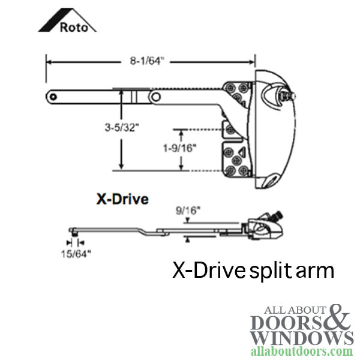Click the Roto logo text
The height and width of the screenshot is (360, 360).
74,28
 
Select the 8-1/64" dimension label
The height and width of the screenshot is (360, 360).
147,61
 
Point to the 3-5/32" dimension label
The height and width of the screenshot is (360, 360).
122,127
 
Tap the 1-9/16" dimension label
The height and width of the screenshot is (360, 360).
180,148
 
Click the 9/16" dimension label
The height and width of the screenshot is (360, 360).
188,211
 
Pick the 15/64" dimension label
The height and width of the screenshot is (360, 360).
76,254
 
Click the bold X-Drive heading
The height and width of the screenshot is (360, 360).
122,199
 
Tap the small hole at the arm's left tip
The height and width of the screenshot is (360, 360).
53,97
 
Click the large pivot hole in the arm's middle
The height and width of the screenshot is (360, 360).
156,97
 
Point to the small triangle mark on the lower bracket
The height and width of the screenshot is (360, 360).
242,151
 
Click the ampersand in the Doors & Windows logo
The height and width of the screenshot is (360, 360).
337,317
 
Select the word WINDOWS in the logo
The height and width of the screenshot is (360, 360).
302,338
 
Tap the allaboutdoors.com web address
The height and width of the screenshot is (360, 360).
302,351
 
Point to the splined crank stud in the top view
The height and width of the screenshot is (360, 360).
289,96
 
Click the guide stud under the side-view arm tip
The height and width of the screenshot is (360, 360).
74,234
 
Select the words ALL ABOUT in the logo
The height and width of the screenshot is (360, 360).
295,310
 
